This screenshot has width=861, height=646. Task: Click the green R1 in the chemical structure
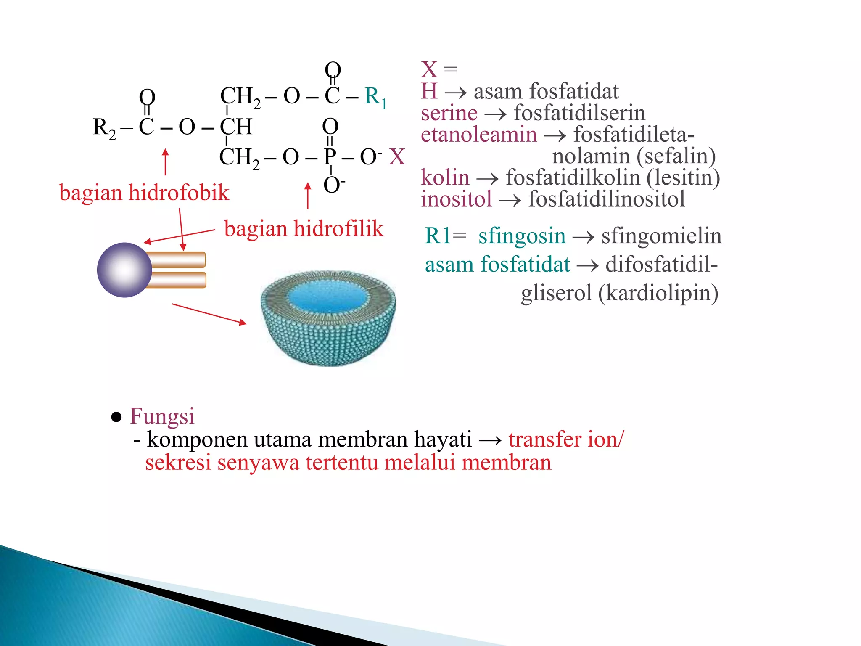click(x=375, y=97)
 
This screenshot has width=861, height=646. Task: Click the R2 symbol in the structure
click(x=104, y=127)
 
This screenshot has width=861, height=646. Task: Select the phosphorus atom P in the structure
click(x=330, y=156)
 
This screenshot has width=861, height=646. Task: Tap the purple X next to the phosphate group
click(x=396, y=156)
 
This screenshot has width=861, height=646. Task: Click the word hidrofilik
click(x=338, y=229)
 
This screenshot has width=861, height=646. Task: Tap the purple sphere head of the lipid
click(x=124, y=270)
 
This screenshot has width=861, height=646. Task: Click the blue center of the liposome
click(x=328, y=297)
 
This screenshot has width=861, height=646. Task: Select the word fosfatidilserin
click(x=579, y=113)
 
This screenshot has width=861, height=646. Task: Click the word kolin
click(x=445, y=177)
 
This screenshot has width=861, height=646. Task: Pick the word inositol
click(x=456, y=199)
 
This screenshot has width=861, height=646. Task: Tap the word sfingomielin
click(x=661, y=236)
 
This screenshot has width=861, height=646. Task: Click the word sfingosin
click(x=522, y=236)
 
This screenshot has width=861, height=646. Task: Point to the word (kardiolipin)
click(x=658, y=293)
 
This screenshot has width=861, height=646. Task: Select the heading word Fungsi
click(x=162, y=416)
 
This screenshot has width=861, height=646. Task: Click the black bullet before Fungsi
click(x=116, y=417)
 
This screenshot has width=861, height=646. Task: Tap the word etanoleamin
click(x=479, y=135)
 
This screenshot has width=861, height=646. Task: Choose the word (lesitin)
click(x=683, y=177)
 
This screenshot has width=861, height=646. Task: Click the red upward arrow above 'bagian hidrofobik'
click(x=166, y=161)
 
